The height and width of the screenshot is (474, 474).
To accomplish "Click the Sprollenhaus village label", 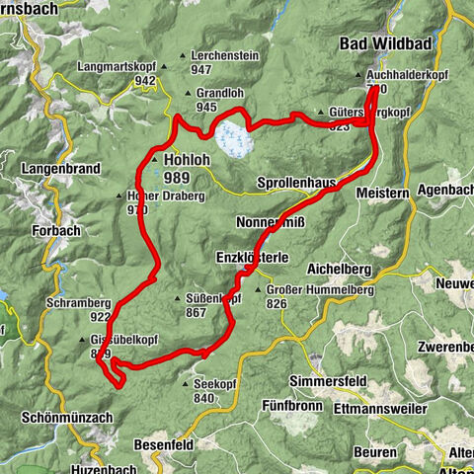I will (296, 184).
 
